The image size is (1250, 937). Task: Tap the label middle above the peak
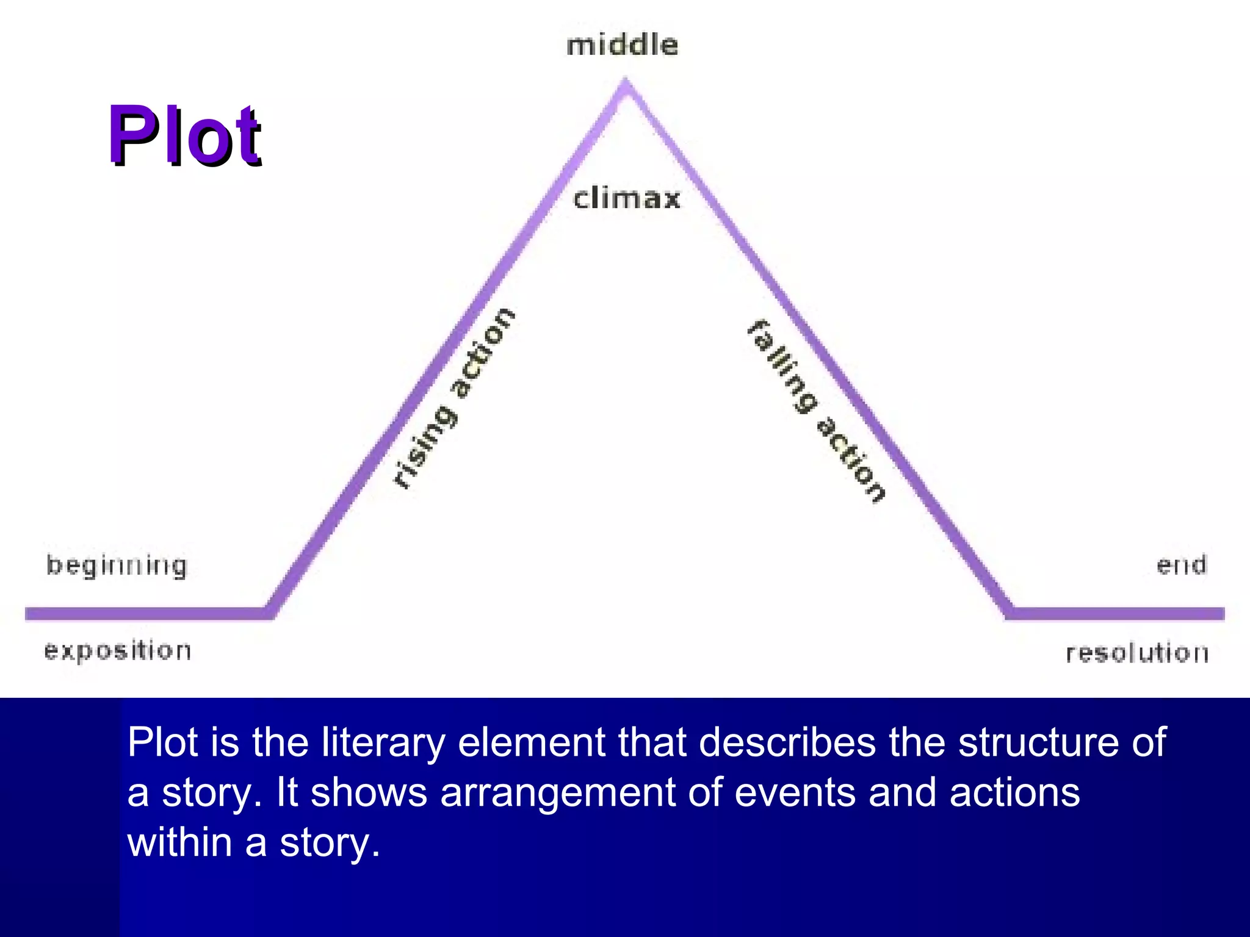click(x=622, y=46)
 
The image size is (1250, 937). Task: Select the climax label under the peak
click(x=627, y=199)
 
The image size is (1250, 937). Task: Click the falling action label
click(x=817, y=411)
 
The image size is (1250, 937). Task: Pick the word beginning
click(x=117, y=566)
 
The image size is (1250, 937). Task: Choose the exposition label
click(x=118, y=652)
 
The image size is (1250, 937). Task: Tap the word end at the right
click(x=1182, y=565)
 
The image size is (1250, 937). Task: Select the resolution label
click(x=1137, y=653)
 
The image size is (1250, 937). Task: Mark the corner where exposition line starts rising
click(x=269, y=612)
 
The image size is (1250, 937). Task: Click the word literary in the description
click(x=384, y=743)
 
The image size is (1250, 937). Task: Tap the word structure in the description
click(x=1038, y=743)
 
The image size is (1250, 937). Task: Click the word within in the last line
click(x=179, y=842)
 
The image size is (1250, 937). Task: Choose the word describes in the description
click(x=787, y=743)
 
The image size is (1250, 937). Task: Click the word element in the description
click(x=532, y=743)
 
